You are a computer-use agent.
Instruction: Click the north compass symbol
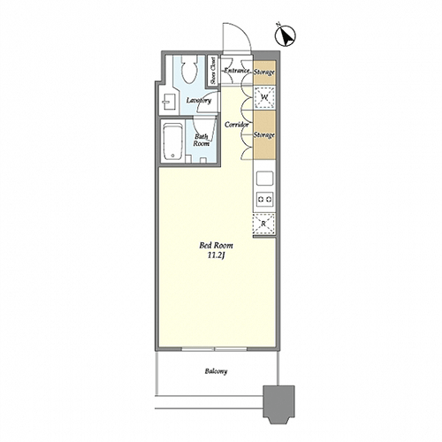click(x=286, y=35)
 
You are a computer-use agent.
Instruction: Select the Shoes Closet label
click(x=213, y=70)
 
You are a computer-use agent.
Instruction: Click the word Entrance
click(x=237, y=71)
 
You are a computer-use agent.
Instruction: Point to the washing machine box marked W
click(x=264, y=97)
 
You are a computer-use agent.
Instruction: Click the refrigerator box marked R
click(x=263, y=224)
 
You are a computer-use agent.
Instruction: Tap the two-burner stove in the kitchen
click(x=264, y=199)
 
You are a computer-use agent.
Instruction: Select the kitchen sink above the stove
click(x=264, y=179)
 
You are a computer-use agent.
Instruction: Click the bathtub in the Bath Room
click(x=172, y=141)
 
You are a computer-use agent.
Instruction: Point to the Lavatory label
click(x=199, y=101)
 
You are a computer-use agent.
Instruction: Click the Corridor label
click(x=237, y=125)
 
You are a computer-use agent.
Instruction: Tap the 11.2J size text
click(x=217, y=255)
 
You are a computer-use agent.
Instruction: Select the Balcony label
click(x=216, y=371)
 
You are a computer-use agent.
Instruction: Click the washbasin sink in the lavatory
click(x=168, y=103)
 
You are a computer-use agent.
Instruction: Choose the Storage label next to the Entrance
click(x=264, y=72)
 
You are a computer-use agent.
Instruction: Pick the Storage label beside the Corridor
click(x=264, y=135)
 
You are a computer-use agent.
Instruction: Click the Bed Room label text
click(x=217, y=245)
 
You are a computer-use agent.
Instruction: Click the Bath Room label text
click(x=202, y=141)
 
